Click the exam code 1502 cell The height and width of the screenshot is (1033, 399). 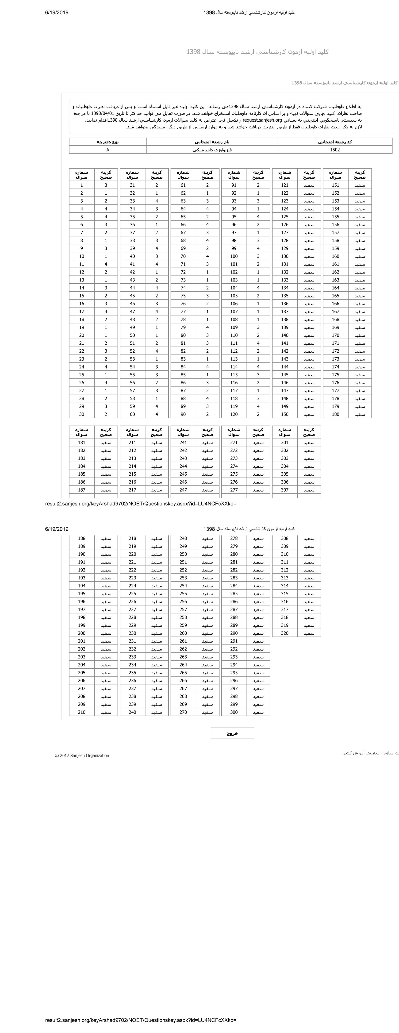tap(335, 150)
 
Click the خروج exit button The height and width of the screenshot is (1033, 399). tap(232, 733)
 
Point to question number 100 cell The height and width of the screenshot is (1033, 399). tap(234, 256)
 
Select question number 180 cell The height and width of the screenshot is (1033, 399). tap(336, 414)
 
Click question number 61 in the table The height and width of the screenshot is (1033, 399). tap(183, 185)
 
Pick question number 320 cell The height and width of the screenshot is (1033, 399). tap(285, 633)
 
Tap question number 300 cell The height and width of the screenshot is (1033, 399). tap(234, 712)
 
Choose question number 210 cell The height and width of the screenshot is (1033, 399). tap(81, 712)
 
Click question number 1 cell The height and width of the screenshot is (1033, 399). tap(81, 185)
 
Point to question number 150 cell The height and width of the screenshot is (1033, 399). tap(285, 414)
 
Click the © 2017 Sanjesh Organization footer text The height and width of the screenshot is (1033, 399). tap(82, 755)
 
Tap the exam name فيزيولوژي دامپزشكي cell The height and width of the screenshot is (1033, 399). tap(212, 150)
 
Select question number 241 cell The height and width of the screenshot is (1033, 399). tap(183, 443)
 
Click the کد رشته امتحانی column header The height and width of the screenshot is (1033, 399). tap(335, 142)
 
